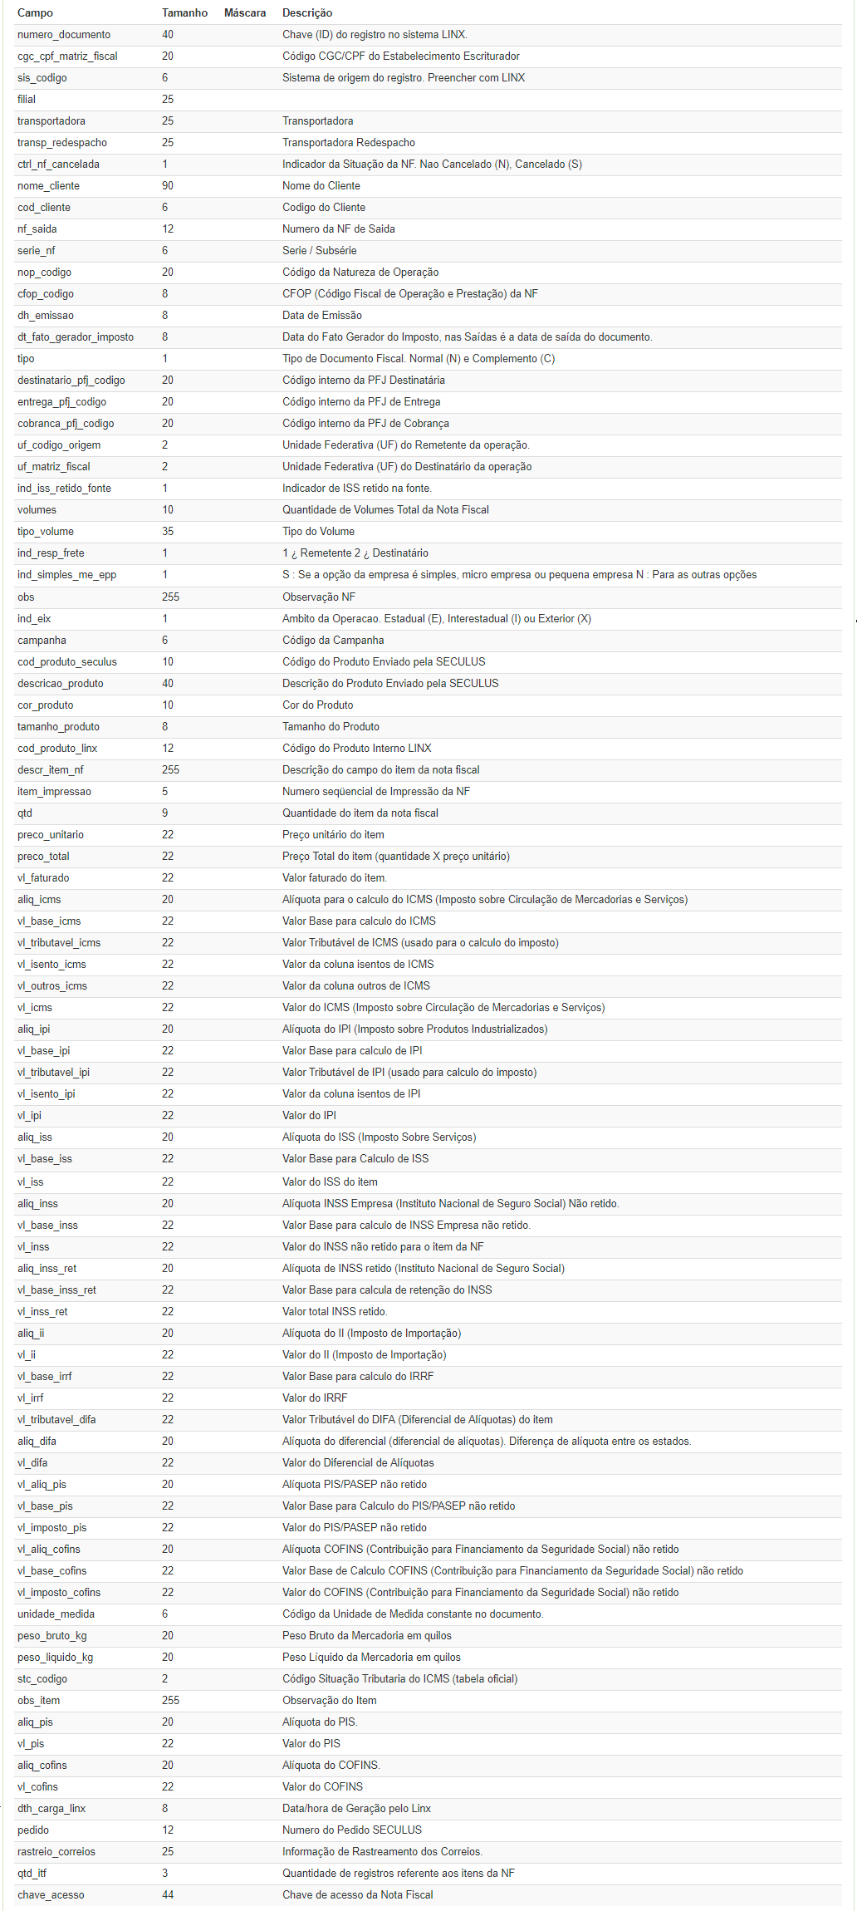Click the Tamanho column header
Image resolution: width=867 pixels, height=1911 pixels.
(x=184, y=13)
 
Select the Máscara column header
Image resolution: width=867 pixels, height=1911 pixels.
(x=245, y=13)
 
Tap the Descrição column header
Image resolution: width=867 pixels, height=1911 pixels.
(x=307, y=13)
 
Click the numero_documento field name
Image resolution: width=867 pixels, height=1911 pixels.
(x=64, y=35)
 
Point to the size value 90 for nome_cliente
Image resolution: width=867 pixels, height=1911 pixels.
(x=168, y=186)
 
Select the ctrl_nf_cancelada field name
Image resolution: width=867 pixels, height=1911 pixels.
(x=58, y=165)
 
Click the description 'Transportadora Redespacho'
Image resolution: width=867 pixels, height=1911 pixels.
(x=349, y=143)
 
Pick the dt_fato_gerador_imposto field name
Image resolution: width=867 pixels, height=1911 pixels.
(x=76, y=337)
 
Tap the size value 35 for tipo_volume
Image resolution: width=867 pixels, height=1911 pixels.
(x=168, y=532)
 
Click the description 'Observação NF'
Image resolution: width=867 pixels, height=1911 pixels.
(x=319, y=597)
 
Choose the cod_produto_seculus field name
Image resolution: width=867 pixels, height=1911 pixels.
(x=67, y=662)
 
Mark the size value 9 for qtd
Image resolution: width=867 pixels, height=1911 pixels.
(x=164, y=813)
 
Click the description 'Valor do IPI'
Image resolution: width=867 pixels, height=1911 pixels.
(x=309, y=1116)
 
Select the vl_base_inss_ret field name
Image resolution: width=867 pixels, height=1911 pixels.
(x=56, y=1290)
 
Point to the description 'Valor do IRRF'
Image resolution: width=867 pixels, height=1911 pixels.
(x=315, y=1398)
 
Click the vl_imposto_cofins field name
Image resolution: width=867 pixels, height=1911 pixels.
(x=59, y=1593)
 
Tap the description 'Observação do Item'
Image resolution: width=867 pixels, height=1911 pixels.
(x=330, y=1701)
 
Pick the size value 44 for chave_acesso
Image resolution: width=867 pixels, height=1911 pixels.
(x=168, y=1895)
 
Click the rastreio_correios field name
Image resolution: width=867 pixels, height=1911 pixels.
(x=56, y=1852)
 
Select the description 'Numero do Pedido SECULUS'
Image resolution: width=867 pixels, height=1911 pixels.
(x=352, y=1830)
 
